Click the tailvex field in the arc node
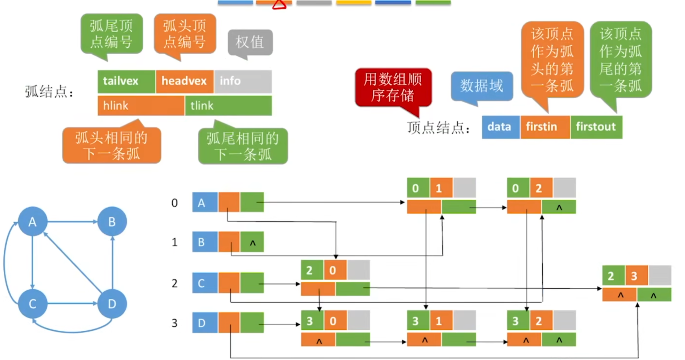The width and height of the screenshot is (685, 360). (126, 81)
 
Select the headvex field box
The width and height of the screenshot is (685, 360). (184, 81)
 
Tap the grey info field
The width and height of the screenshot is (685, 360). (243, 81)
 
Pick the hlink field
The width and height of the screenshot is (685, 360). (141, 106)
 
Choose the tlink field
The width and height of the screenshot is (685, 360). (228, 106)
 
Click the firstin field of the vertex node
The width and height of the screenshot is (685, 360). (545, 127)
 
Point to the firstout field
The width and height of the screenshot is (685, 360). (596, 127)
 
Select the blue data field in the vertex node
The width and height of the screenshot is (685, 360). (500, 127)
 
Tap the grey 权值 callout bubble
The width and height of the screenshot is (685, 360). (250, 42)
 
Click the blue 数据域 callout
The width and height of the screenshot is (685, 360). (482, 86)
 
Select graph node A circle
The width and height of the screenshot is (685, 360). (33, 221)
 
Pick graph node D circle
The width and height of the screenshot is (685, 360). (112, 304)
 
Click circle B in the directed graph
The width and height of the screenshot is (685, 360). (112, 221)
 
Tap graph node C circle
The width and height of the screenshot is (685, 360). (33, 304)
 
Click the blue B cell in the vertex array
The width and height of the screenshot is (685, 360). (205, 242)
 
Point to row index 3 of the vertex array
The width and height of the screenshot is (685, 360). (174, 323)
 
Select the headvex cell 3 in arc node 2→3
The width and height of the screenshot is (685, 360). (636, 276)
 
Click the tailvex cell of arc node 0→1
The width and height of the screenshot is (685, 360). (418, 188)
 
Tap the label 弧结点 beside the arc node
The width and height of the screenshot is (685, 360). (49, 92)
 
